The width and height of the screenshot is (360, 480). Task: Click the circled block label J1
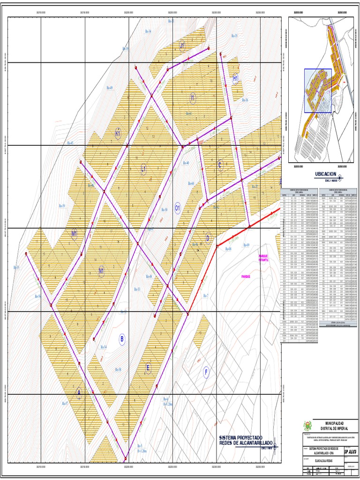[x=182, y=45]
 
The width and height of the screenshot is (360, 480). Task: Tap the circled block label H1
[x=236, y=78]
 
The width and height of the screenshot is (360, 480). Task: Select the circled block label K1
[x=118, y=134]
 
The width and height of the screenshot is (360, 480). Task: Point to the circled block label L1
[x=144, y=168]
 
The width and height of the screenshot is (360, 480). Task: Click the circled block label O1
[x=178, y=207]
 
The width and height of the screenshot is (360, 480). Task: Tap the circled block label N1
[x=101, y=270]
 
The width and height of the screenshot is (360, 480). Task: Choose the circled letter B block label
[x=122, y=339]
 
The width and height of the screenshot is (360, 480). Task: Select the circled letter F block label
[x=205, y=373]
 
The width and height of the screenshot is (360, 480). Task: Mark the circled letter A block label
[x=79, y=394]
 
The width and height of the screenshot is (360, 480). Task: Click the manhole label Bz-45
[x=70, y=142]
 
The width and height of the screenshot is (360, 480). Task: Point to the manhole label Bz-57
[x=65, y=403]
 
